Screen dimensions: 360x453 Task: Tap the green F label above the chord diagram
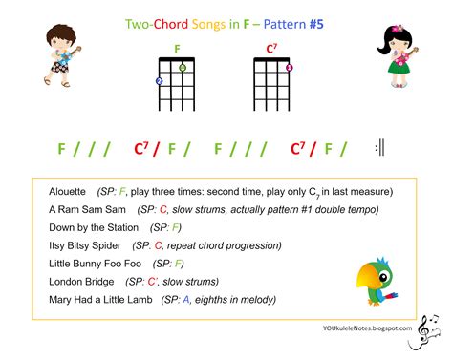pyautogui.click(x=177, y=48)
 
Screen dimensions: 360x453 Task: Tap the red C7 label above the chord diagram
pyautogui.click(x=271, y=48)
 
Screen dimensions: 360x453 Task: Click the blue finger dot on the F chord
pyautogui.click(x=160, y=81)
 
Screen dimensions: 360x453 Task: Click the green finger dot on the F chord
pyautogui.click(x=183, y=68)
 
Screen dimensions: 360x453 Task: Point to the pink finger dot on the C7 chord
pyautogui.click(x=289, y=68)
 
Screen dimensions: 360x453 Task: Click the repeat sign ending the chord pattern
pyautogui.click(x=379, y=147)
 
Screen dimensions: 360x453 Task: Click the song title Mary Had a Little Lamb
pyautogui.click(x=101, y=300)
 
